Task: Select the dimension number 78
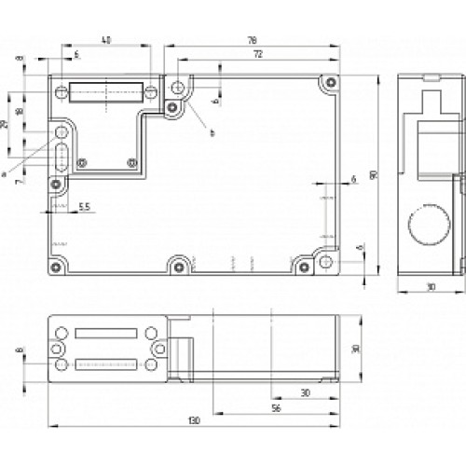pos(253,40)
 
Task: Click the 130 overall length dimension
pos(192,422)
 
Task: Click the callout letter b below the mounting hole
pos(212,133)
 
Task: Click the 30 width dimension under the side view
pos(428,288)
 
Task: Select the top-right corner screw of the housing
pos(329,85)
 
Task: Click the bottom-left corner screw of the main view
pos(58,266)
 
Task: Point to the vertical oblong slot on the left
pos(61,158)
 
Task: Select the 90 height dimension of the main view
pos(374,174)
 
